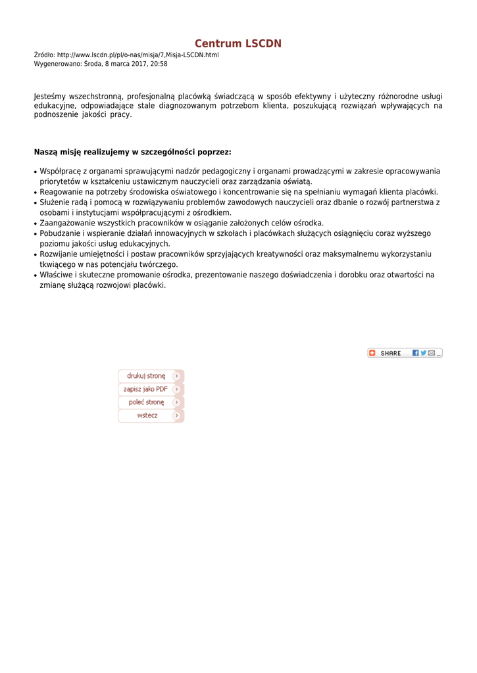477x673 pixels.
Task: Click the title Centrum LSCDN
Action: (x=238, y=44)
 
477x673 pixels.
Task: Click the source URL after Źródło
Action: (x=138, y=55)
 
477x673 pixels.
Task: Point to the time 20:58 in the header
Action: (x=159, y=64)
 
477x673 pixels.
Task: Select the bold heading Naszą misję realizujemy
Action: (x=132, y=152)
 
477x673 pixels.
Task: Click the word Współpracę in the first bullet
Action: (x=60, y=171)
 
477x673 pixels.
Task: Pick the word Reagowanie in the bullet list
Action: (x=61, y=192)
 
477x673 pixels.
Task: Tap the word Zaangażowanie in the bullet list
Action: (x=66, y=223)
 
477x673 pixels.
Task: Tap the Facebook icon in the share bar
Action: (x=416, y=353)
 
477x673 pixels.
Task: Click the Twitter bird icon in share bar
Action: (x=424, y=353)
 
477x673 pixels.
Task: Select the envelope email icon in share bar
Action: (x=432, y=353)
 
